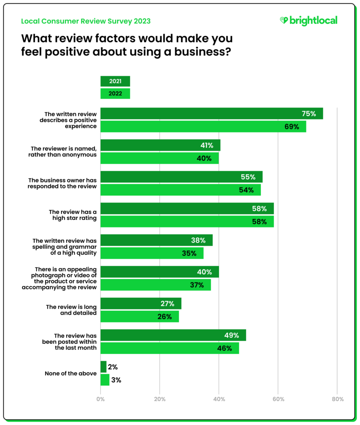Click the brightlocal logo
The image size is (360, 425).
pyautogui.click(x=308, y=21)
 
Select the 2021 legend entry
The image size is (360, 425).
pyautogui.click(x=115, y=81)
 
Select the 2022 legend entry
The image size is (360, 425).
pyautogui.click(x=115, y=94)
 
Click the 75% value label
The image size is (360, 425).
pyautogui.click(x=309, y=113)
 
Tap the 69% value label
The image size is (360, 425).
pyautogui.click(x=292, y=126)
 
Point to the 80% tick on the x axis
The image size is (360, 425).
pyautogui.click(x=337, y=399)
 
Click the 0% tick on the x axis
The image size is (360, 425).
pyautogui.click(x=100, y=399)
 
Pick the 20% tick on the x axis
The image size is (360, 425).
pyautogui.click(x=159, y=399)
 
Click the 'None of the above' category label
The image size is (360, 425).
pyautogui.click(x=70, y=373)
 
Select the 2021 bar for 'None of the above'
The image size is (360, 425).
pyautogui.click(x=103, y=367)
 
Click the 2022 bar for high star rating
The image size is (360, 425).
pyautogui.click(x=187, y=222)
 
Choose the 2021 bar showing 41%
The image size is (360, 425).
pyautogui.click(x=160, y=145)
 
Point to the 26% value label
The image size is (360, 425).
pyautogui.click(x=165, y=317)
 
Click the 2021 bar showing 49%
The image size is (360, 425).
pyautogui.click(x=173, y=335)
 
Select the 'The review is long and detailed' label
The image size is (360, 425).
pyautogui.click(x=71, y=310)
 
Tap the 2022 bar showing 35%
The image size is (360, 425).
pyautogui.click(x=152, y=253)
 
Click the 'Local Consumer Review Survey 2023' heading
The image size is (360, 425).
pyautogui.click(x=86, y=21)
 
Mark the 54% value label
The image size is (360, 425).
pyautogui.click(x=247, y=190)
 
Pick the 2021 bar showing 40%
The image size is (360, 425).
pyautogui.click(x=159, y=272)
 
